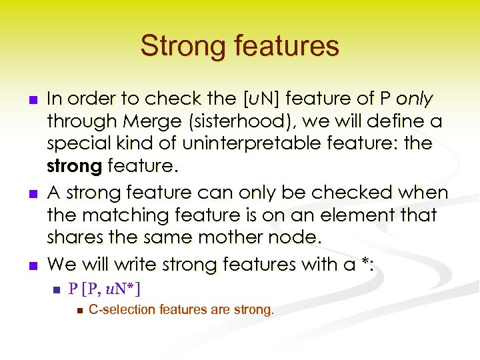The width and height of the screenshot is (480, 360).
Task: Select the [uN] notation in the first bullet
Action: tap(264, 99)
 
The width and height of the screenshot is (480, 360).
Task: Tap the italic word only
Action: tap(415, 99)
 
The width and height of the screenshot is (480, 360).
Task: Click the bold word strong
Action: tap(73, 165)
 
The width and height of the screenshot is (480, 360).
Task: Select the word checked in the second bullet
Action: tap(345, 193)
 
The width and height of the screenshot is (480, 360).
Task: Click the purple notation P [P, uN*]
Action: tap(105, 289)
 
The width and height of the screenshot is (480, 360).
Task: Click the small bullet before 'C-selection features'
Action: tap(79, 311)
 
